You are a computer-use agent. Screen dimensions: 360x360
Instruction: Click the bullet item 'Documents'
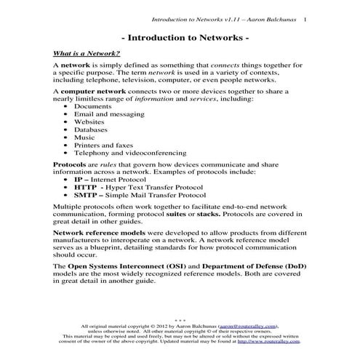(95, 106)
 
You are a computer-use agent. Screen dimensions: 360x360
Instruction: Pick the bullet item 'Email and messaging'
(108, 114)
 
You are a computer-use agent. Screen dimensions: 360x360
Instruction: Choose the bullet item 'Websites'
(91, 122)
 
